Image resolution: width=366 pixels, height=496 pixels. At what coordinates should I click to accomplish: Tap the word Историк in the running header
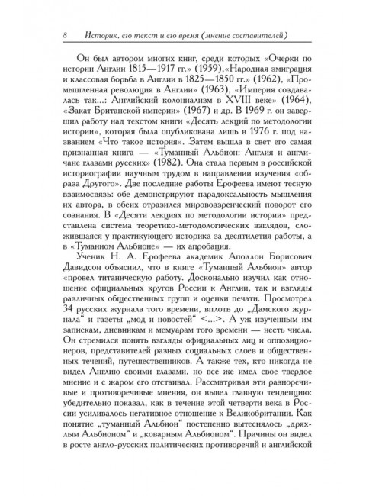pos(95,34)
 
